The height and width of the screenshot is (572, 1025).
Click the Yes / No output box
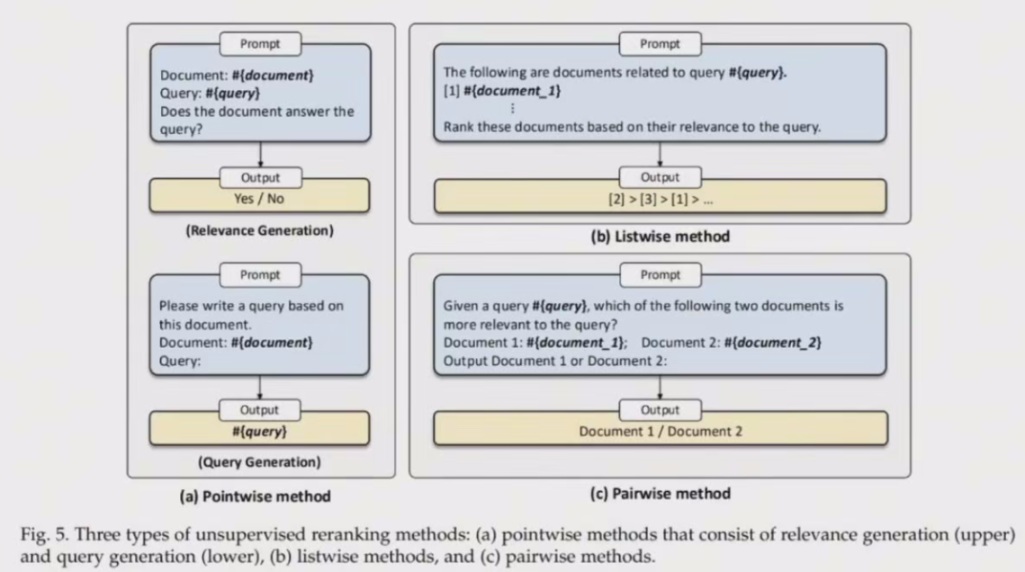coord(259,199)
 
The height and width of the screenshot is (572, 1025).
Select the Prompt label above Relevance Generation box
coord(259,43)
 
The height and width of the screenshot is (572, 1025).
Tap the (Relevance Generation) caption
coord(259,230)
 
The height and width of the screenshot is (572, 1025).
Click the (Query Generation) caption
coord(259,463)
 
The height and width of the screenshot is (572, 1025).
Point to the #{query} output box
coord(259,431)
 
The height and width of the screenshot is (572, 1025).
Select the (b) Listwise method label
coord(659,237)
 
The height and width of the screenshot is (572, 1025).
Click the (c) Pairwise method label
coord(659,493)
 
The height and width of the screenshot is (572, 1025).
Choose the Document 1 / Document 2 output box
coord(661,431)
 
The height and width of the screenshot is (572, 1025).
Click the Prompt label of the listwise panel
coord(660,43)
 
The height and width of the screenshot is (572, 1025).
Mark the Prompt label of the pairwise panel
coord(660,274)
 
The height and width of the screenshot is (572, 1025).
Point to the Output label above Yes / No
coord(259,177)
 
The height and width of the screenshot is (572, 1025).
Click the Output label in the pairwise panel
coord(660,410)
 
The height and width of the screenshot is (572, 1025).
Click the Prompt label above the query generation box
coord(259,274)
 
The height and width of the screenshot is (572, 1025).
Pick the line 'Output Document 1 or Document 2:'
coord(554,362)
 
